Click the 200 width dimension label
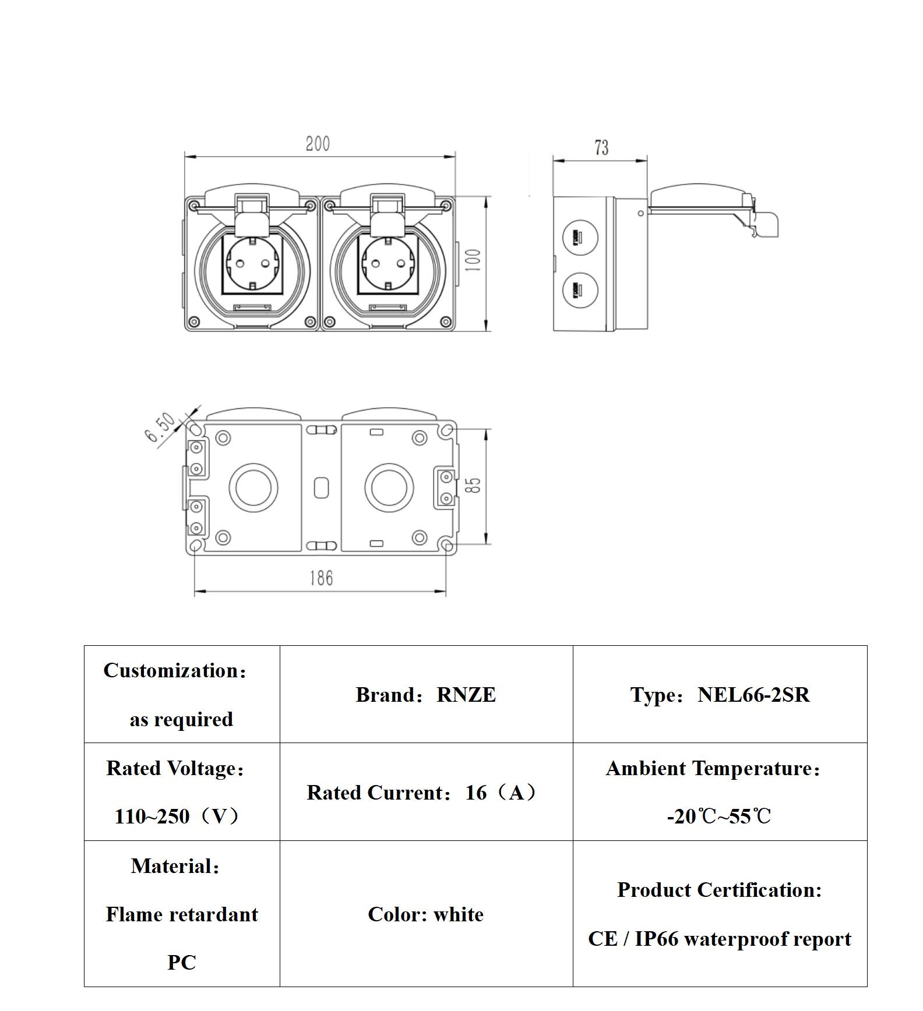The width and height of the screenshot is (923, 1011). click(318, 144)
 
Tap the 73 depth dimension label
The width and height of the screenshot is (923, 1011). click(601, 148)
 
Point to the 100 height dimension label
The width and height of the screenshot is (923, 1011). click(474, 260)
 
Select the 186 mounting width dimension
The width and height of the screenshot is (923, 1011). click(321, 578)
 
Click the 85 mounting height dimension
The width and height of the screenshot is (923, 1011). click(475, 486)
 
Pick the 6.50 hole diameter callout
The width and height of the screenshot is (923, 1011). click(160, 427)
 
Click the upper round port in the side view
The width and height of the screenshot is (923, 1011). click(580, 238)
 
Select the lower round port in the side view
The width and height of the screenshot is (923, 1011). click(580, 289)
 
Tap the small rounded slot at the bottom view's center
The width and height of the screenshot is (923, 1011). click(321, 488)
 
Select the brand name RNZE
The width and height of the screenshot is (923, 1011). click(466, 695)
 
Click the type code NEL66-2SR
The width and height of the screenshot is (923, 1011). click(753, 695)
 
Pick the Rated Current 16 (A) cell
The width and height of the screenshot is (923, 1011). click(426, 792)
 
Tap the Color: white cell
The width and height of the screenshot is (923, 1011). click(426, 914)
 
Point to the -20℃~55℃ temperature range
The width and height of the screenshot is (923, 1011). click(719, 816)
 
